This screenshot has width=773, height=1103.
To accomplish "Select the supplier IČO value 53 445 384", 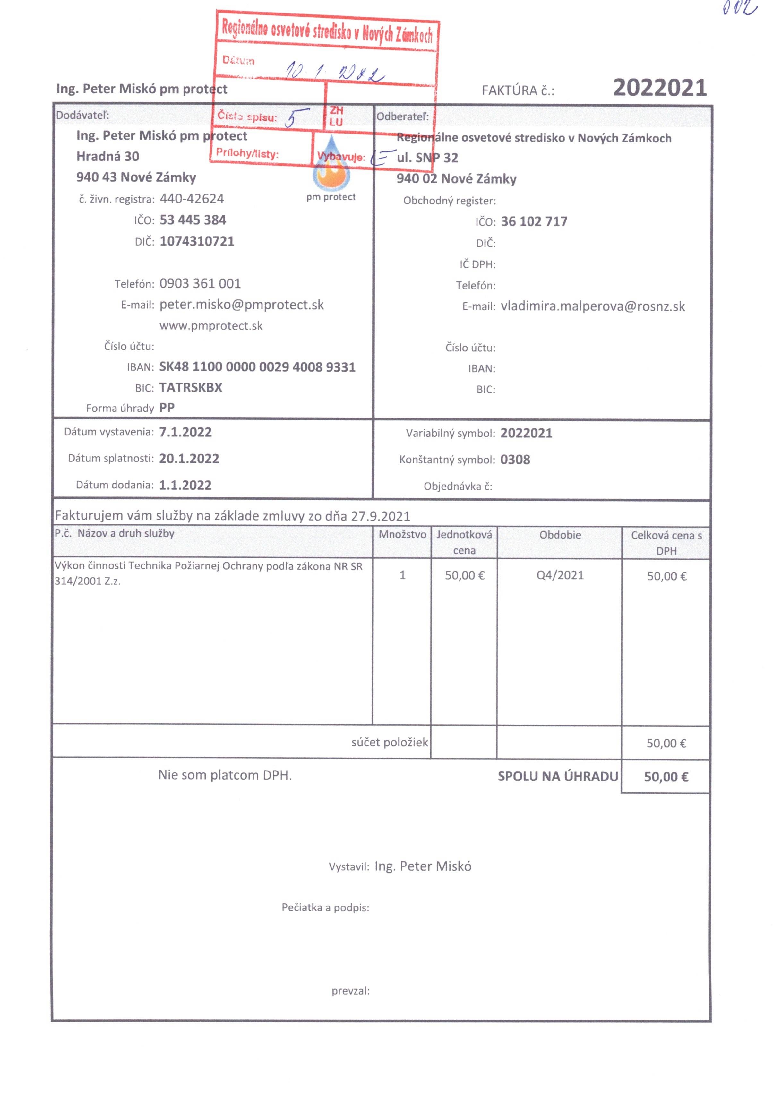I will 193,220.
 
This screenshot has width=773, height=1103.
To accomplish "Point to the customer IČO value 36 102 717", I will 534,221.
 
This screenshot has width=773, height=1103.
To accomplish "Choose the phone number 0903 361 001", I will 200,283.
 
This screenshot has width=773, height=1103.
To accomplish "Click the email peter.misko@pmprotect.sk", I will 241,305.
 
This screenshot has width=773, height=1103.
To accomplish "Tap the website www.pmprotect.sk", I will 211,326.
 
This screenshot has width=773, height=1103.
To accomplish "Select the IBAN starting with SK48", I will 257,367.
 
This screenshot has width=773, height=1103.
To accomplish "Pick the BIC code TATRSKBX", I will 191,388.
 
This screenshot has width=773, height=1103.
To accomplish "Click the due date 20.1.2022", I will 189,459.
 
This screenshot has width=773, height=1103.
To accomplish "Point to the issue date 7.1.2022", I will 185,432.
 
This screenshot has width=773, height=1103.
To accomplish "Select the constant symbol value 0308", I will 515,460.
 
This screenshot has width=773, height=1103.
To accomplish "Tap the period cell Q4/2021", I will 560,575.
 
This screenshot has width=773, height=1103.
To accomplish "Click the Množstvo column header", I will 402,534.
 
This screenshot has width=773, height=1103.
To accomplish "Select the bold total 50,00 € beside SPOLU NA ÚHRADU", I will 666,777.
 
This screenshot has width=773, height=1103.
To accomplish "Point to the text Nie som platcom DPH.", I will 225,775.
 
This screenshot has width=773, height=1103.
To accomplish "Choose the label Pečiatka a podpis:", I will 325,908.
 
